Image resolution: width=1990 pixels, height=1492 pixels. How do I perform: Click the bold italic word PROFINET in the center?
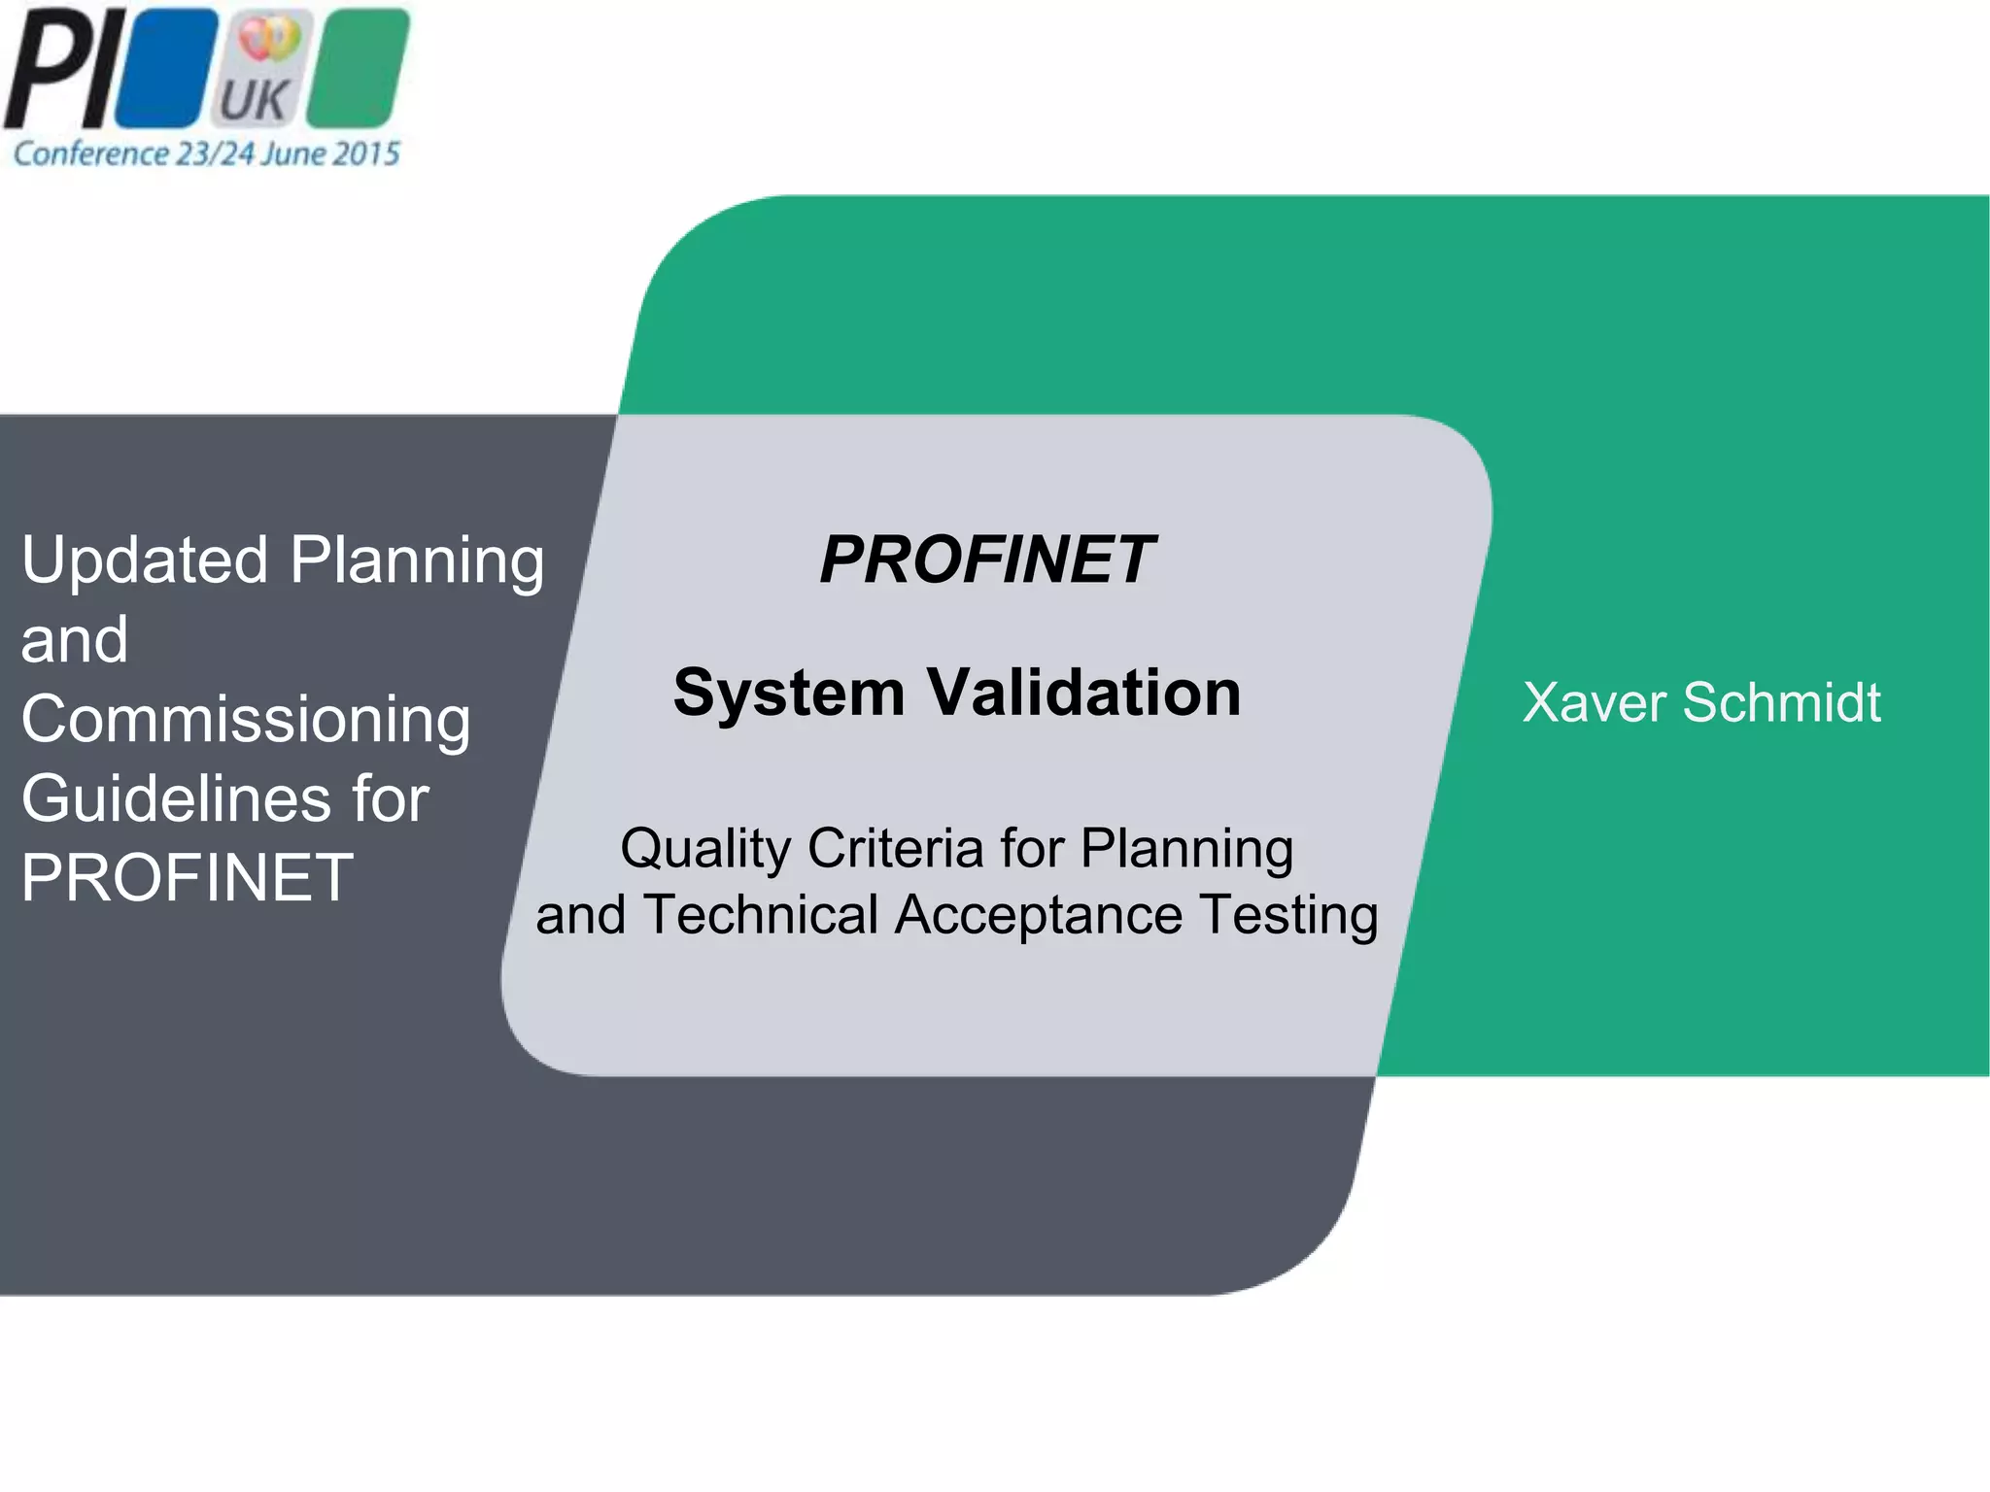coord(986,560)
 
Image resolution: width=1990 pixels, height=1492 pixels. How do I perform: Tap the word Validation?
coord(1083,693)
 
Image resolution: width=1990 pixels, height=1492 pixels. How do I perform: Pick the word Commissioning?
coord(246,720)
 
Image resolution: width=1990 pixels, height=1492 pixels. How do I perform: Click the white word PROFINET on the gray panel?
coord(188,878)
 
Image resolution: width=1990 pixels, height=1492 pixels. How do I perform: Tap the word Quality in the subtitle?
coord(706,850)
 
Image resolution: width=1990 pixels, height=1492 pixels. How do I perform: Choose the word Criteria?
coord(895,848)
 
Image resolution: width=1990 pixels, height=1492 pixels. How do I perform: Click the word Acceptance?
coord(1038,915)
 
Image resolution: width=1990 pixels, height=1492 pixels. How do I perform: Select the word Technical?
coord(761,915)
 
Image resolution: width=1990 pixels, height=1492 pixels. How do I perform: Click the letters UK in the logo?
coord(254,99)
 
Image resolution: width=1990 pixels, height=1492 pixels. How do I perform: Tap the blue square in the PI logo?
coord(165,68)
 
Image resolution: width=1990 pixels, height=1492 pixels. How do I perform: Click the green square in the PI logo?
coord(358,68)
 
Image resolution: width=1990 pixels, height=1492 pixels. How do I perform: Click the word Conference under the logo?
coord(90,153)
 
